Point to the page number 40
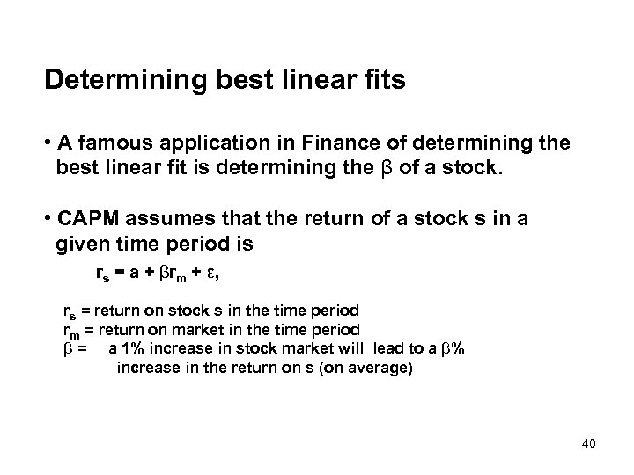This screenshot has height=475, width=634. coord(588,442)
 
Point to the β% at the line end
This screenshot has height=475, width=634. coord(456,349)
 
